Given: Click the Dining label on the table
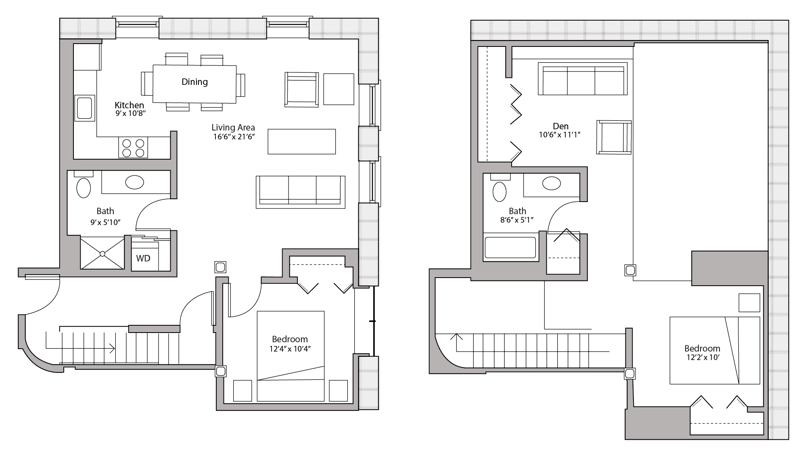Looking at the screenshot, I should [x=194, y=82].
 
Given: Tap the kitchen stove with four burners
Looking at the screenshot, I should [x=133, y=147].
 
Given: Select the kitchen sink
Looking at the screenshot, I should [x=84, y=108].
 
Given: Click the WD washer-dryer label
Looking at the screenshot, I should [x=143, y=258].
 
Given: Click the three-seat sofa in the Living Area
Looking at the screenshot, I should [x=300, y=192].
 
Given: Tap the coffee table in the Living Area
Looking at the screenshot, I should [x=301, y=141].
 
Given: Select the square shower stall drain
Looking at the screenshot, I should [x=102, y=253].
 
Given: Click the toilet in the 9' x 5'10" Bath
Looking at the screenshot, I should [x=84, y=187].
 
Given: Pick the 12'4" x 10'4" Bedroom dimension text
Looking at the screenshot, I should [x=290, y=348].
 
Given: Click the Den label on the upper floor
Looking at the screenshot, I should [x=560, y=126].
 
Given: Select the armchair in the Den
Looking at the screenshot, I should [x=614, y=137].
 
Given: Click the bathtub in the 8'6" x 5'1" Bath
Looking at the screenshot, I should [x=510, y=247].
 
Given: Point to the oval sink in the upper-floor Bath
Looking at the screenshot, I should [x=551, y=183].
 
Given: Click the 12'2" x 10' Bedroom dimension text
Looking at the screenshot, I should [x=702, y=357].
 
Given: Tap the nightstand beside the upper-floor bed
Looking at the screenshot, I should [x=749, y=303].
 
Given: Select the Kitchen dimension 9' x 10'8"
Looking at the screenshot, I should [x=130, y=114].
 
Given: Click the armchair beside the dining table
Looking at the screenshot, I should [x=301, y=89].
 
